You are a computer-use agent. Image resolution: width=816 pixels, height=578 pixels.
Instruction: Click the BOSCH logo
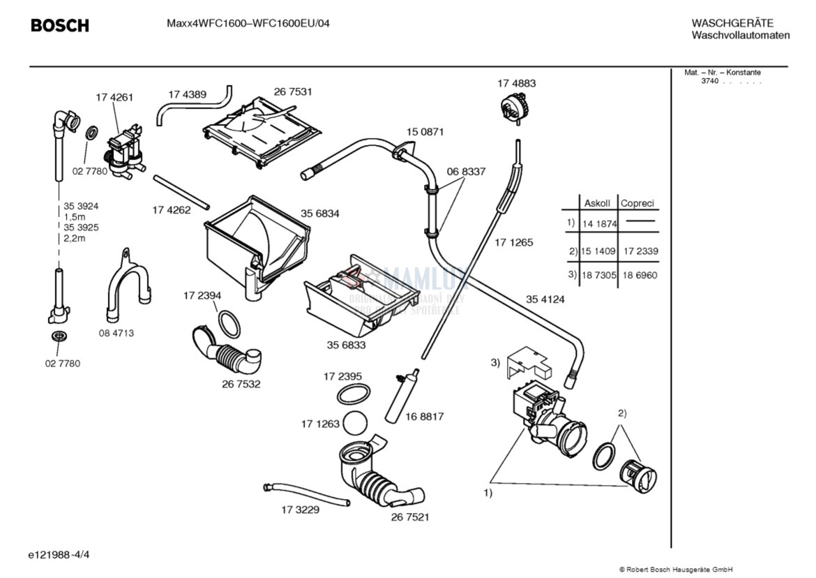60,26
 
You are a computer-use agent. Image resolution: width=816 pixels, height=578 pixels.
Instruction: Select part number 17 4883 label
516,83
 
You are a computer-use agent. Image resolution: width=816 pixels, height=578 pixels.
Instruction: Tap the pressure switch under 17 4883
514,108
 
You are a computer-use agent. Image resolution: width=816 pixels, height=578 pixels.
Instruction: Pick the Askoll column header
597,203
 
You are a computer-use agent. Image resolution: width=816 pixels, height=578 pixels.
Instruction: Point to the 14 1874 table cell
599,224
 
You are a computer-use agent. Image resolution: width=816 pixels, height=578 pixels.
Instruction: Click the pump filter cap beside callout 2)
637,477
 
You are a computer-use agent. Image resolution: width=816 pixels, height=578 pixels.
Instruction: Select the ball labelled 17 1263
356,423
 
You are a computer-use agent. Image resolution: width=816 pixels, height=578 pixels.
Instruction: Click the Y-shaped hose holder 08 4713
128,286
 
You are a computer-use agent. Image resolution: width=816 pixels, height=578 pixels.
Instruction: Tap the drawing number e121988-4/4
59,555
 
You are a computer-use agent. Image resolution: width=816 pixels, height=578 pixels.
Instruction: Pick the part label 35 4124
545,299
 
